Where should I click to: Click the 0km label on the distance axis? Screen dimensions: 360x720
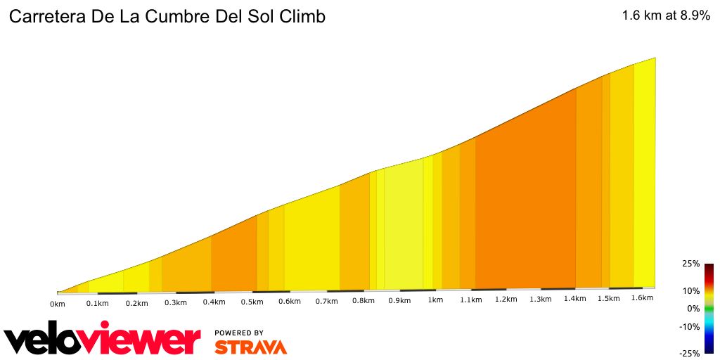tap(58, 304)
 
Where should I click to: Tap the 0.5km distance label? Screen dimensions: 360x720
tap(252, 302)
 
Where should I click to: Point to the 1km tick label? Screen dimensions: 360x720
tap(435, 300)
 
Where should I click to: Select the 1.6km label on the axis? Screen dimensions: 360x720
tap(642, 298)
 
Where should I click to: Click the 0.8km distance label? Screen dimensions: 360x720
tap(364, 301)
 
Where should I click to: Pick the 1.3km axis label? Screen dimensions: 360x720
tap(540, 299)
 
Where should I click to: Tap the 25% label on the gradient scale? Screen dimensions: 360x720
tap(690, 264)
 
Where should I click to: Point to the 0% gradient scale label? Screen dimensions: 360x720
tap(693, 309)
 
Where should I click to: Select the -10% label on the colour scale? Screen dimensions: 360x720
tap(689, 326)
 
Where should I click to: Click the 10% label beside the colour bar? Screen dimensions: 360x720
tap(690, 290)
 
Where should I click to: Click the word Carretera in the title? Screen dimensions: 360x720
tap(46, 17)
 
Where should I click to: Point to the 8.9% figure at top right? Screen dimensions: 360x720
tap(695, 15)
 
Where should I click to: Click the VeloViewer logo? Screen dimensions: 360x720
tap(103, 340)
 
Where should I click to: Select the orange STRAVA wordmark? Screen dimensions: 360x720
tap(250, 347)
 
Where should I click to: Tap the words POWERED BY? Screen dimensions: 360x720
tap(239, 333)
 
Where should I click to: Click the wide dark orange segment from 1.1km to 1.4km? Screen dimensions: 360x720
tap(526, 204)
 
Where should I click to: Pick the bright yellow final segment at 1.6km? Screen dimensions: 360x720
tap(645, 176)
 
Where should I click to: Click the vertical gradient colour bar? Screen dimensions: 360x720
tap(709, 309)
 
